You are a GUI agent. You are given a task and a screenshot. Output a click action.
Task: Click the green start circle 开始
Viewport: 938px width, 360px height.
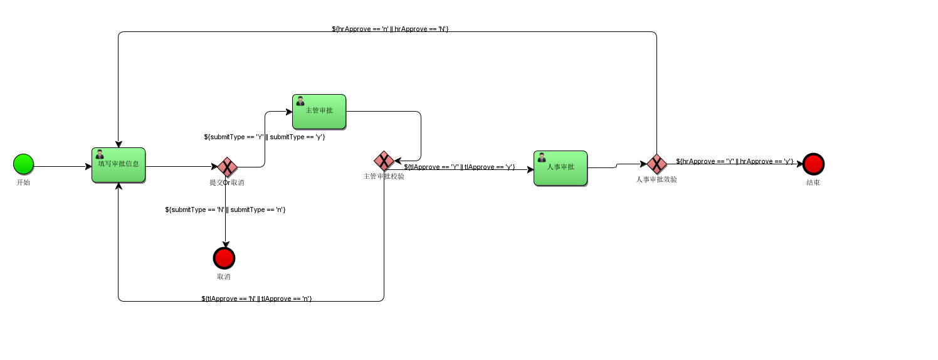(23, 164)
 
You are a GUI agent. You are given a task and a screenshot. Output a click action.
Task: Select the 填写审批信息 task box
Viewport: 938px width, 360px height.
(119, 165)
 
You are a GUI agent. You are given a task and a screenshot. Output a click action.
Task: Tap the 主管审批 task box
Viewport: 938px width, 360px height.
(319, 112)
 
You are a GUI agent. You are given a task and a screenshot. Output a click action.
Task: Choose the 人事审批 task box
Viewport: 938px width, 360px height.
(561, 168)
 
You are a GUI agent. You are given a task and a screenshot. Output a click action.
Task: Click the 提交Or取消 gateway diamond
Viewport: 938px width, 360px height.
(226, 167)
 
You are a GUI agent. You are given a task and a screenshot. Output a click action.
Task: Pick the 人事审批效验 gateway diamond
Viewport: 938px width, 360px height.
(656, 164)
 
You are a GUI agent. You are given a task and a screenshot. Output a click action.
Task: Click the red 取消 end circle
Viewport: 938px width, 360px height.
(224, 258)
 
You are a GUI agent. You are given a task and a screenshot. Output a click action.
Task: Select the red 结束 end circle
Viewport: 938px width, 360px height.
(813, 164)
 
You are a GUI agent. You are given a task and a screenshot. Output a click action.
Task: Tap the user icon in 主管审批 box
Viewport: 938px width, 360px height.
(300, 101)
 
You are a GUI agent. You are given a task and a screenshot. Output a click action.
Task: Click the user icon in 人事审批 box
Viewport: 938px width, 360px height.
(542, 157)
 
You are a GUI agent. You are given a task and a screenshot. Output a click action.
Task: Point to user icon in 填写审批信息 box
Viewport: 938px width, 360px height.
(100, 154)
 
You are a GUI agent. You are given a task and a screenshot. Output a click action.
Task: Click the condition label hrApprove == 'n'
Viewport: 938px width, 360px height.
(390, 29)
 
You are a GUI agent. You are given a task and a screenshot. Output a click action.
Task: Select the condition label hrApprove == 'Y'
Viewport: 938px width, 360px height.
(734, 161)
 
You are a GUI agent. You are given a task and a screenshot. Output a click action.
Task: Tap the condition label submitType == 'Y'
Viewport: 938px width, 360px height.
(264, 137)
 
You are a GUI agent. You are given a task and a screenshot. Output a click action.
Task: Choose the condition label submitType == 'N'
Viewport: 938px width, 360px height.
(225, 209)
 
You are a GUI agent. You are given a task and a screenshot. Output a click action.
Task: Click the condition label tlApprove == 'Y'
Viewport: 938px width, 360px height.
(459, 167)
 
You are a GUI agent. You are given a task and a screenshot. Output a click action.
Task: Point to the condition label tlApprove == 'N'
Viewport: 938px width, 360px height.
(256, 299)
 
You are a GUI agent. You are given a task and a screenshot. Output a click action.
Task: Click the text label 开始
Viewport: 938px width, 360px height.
(23, 183)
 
